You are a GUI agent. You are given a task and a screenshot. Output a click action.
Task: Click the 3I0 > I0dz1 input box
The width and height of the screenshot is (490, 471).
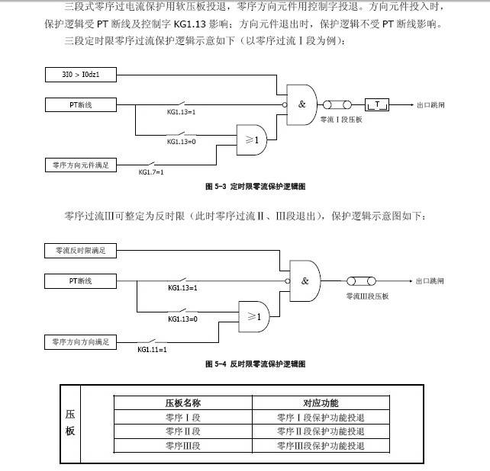click(80, 75)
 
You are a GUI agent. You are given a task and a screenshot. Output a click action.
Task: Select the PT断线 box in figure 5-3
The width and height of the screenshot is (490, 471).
click(80, 104)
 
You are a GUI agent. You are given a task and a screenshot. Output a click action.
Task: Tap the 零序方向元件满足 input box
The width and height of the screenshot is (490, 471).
click(80, 164)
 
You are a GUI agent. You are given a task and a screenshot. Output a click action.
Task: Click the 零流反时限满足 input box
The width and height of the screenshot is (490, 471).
click(80, 250)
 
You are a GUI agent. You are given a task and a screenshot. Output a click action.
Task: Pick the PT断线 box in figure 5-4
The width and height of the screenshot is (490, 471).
click(80, 281)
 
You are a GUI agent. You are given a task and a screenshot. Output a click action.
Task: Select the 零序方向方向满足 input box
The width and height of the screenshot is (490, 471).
click(80, 341)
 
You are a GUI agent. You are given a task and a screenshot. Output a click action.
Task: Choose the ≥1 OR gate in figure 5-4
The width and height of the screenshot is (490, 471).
click(254, 316)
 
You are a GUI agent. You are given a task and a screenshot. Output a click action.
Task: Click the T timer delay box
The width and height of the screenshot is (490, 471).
click(378, 104)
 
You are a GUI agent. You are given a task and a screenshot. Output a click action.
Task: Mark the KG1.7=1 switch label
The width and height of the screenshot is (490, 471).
click(151, 172)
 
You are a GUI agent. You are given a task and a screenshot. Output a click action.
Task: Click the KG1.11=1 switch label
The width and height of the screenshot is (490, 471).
click(152, 349)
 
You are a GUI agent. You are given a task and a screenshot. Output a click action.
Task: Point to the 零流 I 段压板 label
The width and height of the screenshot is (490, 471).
click(340, 120)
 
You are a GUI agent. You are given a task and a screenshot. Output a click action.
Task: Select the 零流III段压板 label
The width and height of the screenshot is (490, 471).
click(367, 296)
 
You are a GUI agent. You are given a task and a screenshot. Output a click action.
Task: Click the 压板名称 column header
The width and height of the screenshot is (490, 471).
click(182, 402)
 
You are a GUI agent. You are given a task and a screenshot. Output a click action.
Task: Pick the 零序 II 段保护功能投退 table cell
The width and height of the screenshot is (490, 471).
click(321, 431)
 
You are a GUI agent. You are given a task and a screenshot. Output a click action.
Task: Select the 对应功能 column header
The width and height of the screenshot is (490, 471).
click(321, 402)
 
